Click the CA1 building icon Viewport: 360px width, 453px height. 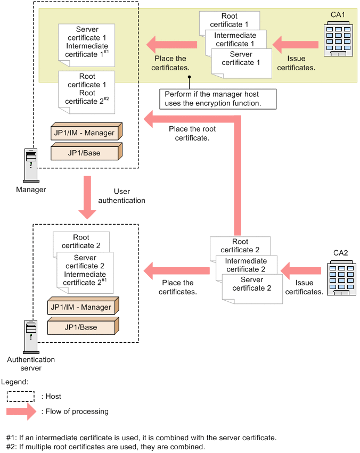[339, 38]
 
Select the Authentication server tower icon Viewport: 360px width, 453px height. [30, 336]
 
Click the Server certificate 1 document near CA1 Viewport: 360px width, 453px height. [237, 61]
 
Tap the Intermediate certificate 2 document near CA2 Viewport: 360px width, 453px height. [246, 265]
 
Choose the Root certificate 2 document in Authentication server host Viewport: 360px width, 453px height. [81, 241]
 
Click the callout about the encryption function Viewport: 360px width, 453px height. [218, 98]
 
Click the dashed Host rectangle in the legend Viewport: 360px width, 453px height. [21, 397]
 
